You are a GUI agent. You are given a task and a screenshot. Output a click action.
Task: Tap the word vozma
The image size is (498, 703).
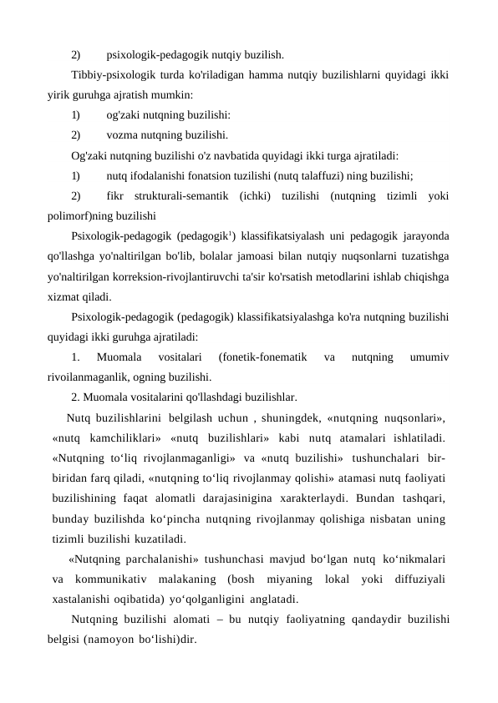124,134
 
